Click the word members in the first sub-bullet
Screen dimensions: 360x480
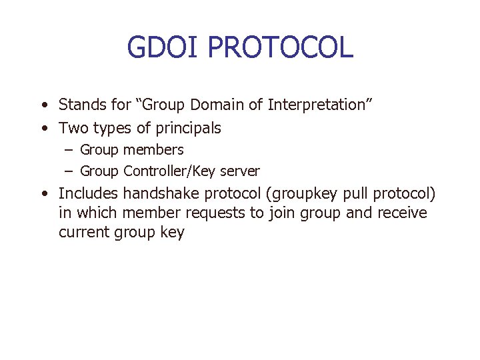153,150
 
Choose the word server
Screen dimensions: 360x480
239,171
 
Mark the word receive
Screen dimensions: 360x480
403,213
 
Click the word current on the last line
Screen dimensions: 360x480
84,233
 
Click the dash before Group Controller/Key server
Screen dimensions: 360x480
69,171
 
